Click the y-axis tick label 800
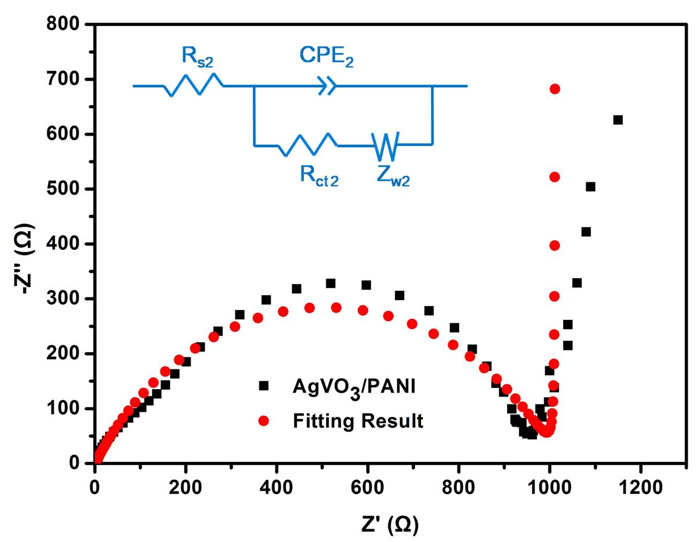(x=65, y=24)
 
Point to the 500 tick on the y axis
(x=65, y=189)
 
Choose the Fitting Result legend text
(x=358, y=421)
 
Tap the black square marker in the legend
(x=264, y=386)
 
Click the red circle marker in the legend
(x=264, y=421)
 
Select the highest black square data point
(x=618, y=120)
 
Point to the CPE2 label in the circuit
(x=326, y=57)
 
